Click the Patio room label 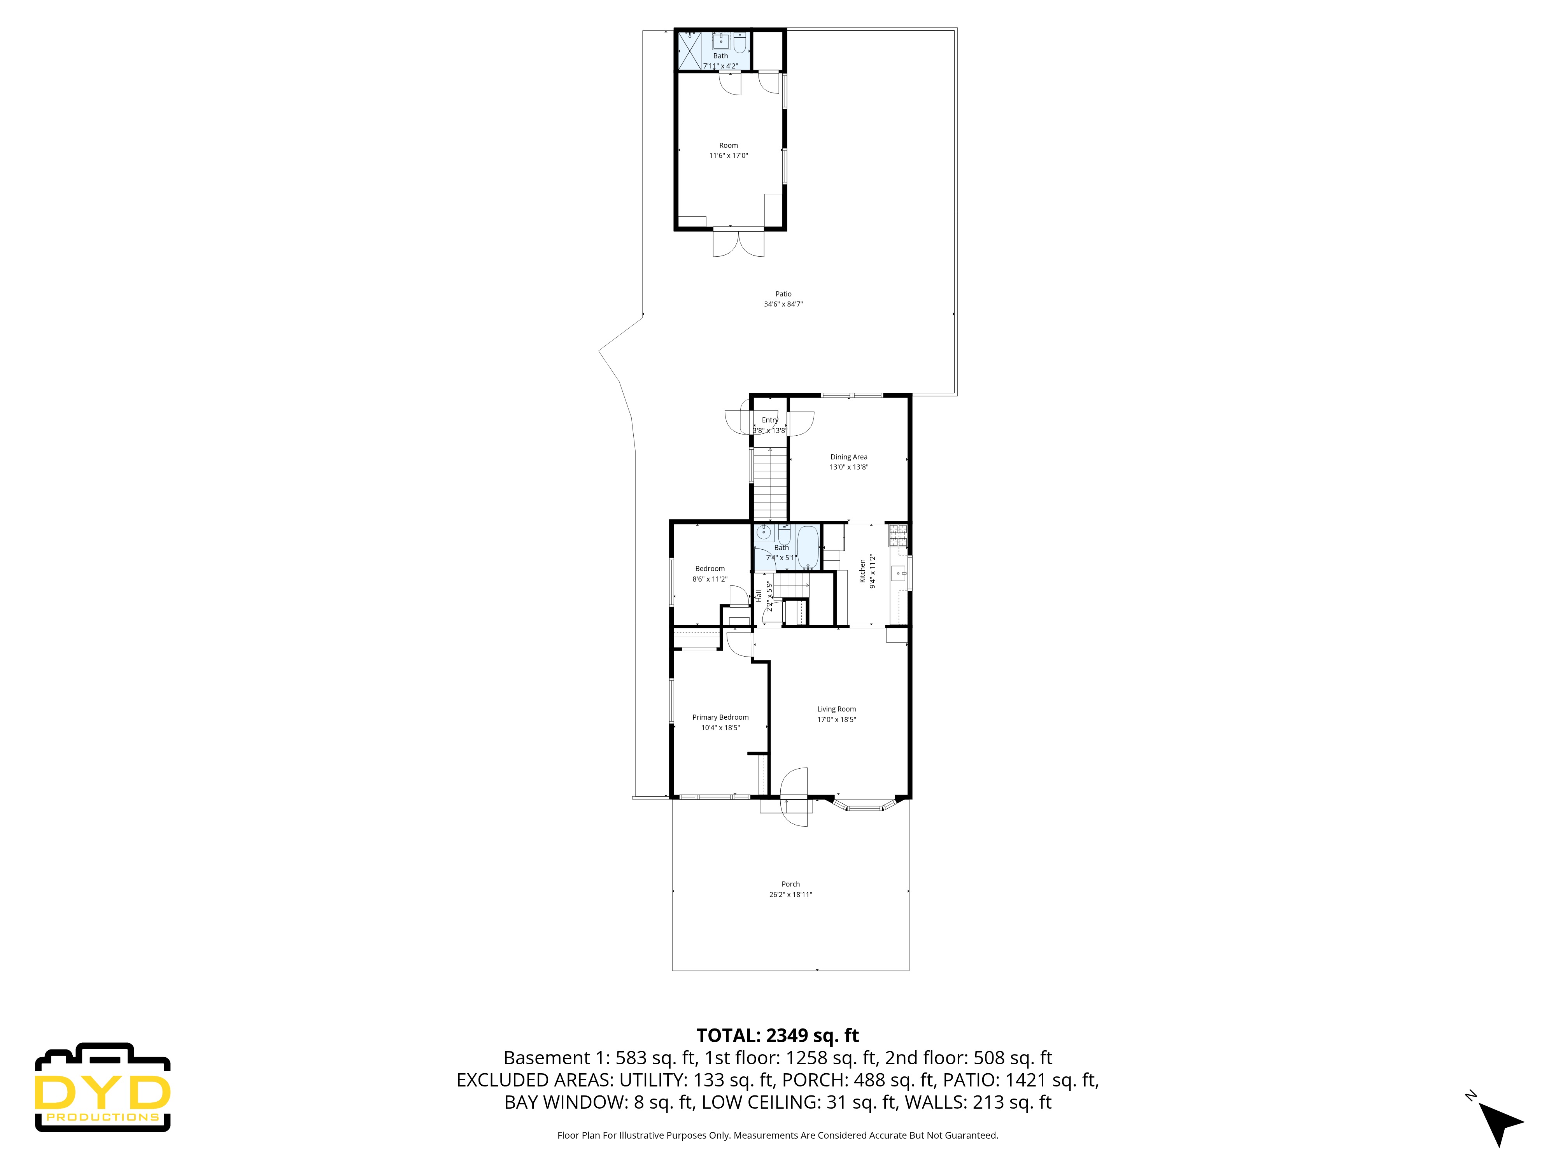[783, 294]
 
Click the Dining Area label [848, 457]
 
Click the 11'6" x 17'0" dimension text [728, 156]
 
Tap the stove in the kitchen [897, 536]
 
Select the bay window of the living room [864, 806]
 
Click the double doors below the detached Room [738, 243]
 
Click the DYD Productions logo [103, 1088]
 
